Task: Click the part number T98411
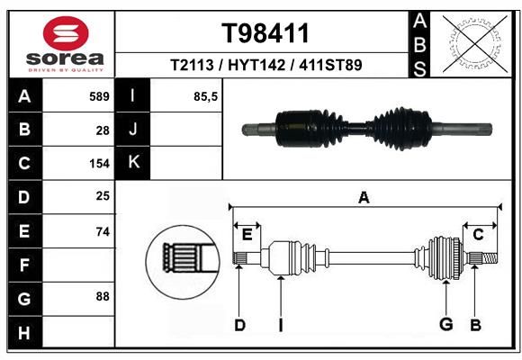(x=265, y=33)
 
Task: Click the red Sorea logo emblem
(x=66, y=33)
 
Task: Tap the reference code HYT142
(x=256, y=65)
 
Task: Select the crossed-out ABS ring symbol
(x=475, y=43)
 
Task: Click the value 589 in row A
(x=99, y=96)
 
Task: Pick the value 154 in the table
(x=99, y=164)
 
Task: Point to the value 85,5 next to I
(x=205, y=97)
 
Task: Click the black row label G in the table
(x=24, y=299)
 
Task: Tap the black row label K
(x=133, y=163)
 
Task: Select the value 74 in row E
(x=103, y=231)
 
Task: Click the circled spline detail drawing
(x=183, y=262)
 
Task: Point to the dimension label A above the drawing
(x=364, y=198)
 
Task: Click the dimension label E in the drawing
(x=247, y=235)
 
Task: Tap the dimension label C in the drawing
(x=478, y=235)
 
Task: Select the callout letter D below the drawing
(x=239, y=326)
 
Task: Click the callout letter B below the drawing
(x=475, y=326)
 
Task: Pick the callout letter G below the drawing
(x=446, y=324)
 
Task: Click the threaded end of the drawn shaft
(x=490, y=258)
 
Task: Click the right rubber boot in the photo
(x=400, y=129)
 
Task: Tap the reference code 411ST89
(x=330, y=65)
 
